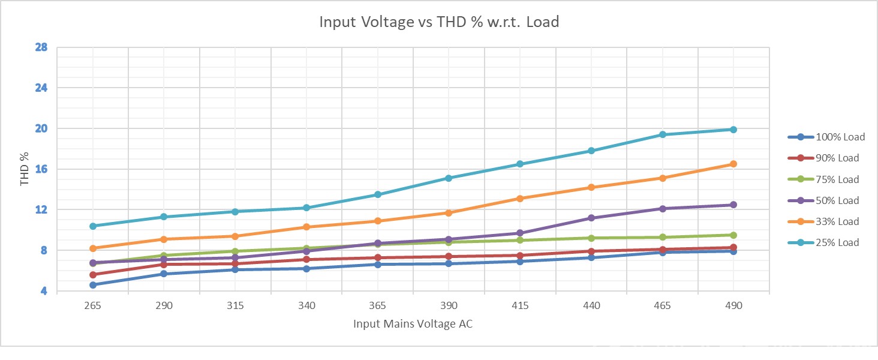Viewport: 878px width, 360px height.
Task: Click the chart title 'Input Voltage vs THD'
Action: point(439,23)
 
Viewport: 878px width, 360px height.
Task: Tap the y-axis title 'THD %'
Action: point(25,169)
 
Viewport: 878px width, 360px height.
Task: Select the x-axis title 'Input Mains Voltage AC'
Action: point(413,324)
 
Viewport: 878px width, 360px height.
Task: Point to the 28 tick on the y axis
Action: point(41,47)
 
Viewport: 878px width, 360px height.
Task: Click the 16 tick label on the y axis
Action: point(41,169)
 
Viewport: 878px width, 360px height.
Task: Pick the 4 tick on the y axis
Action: point(44,292)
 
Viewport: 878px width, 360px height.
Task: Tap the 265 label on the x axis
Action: point(93,305)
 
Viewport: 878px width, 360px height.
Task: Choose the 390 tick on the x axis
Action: point(449,305)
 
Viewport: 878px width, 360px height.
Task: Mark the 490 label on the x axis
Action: point(733,305)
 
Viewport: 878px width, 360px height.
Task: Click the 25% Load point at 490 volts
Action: point(733,130)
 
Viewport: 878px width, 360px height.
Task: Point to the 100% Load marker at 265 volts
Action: point(93,285)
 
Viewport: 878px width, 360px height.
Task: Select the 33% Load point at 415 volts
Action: point(520,199)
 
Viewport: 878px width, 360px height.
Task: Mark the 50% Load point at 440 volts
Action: point(591,218)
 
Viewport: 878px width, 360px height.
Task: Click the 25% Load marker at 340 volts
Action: point(306,208)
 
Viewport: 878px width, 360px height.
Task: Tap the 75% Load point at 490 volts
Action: point(733,235)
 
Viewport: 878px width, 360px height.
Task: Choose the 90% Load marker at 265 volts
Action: point(93,275)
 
